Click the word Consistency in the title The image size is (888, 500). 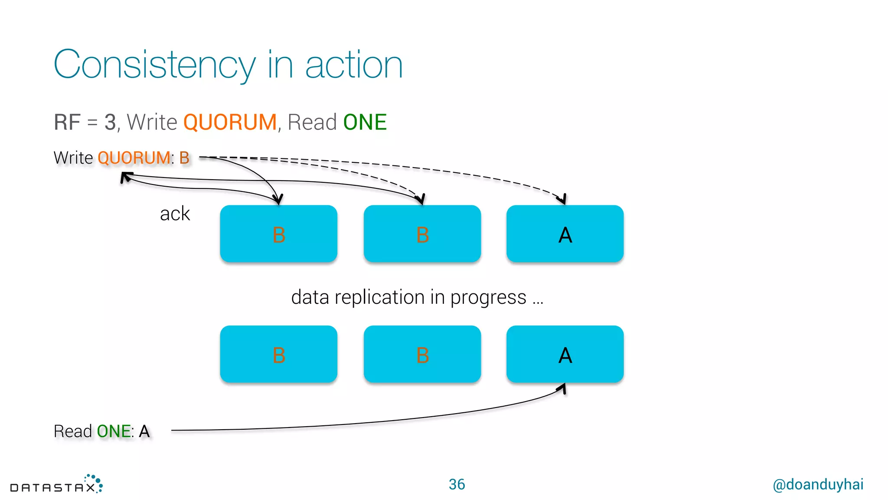click(154, 65)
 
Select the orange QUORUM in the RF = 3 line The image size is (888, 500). click(230, 122)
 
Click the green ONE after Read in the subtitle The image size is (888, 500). click(365, 122)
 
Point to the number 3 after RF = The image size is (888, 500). click(110, 122)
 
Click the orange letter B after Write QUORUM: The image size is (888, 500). click(184, 158)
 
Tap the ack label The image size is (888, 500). click(175, 214)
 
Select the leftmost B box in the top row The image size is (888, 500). click(278, 234)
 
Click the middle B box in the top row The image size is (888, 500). click(422, 234)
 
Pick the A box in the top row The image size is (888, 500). click(565, 234)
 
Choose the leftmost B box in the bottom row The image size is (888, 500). click(278, 354)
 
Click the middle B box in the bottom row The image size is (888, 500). click(422, 354)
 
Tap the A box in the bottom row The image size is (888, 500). click(565, 354)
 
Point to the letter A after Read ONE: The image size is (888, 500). click(144, 431)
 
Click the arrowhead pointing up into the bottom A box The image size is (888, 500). click(563, 388)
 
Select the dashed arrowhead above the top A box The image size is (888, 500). click(562, 200)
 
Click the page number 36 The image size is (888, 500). click(457, 484)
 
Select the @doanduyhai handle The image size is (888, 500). click(818, 484)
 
